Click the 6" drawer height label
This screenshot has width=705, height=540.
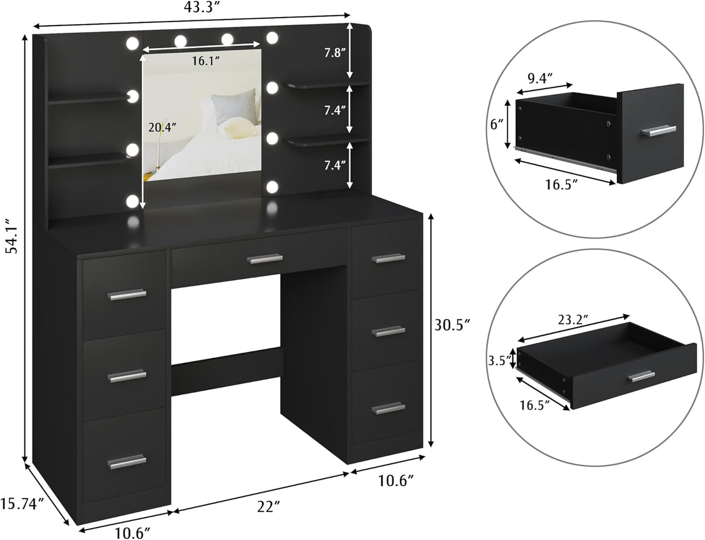[497, 125]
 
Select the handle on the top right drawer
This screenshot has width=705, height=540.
[388, 258]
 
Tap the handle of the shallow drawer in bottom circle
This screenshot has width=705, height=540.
[641, 376]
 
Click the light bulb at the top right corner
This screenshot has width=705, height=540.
[272, 38]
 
